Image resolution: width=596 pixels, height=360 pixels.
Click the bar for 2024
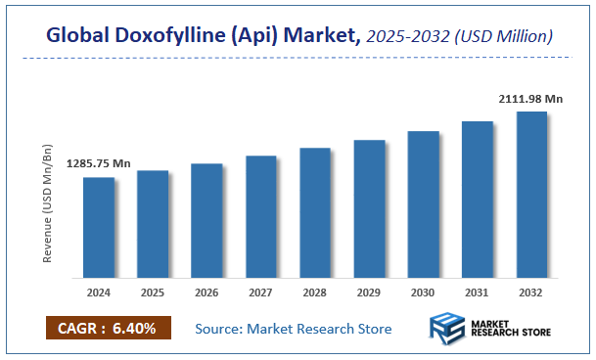point(98,226)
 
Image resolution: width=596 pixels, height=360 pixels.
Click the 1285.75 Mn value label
point(98,163)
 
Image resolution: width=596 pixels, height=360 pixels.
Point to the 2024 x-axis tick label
point(98,291)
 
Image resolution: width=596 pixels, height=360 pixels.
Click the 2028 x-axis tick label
point(315,291)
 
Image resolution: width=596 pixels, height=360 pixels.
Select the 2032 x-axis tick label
point(531,291)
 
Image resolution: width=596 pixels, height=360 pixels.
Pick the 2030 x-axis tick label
point(423,291)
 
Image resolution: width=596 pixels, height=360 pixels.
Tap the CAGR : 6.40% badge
point(109,328)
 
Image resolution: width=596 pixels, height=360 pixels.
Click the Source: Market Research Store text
point(294,329)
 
